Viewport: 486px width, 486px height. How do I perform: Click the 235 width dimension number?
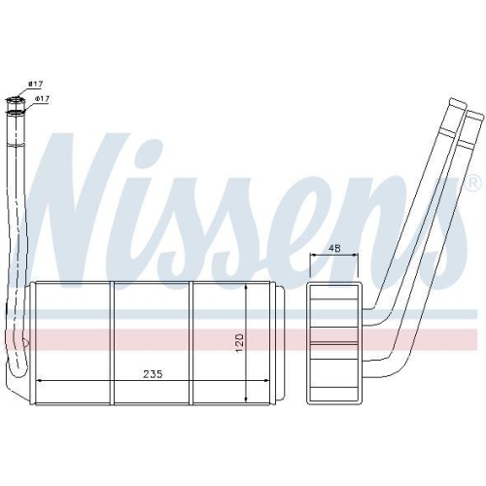[153, 374]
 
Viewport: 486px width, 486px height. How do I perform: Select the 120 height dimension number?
[239, 342]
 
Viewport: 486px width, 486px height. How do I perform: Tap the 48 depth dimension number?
[334, 249]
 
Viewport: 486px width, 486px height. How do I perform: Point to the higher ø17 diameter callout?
[35, 84]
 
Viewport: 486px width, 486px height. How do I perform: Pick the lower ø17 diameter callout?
[42, 98]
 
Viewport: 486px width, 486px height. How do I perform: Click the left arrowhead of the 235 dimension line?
[40, 380]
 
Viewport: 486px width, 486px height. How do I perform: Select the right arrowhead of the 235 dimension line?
[265, 380]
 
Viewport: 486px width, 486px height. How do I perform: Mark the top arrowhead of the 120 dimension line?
[247, 289]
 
